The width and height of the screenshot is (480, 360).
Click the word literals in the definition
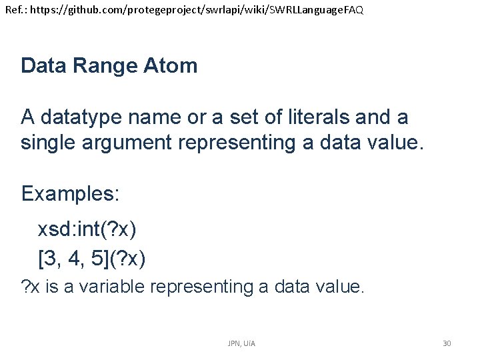pyautogui.click(x=316, y=117)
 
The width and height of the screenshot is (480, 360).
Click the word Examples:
pyautogui.click(x=70, y=193)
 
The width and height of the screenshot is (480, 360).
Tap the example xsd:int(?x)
pyautogui.click(x=87, y=230)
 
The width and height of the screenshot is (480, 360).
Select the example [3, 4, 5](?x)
pyautogui.click(x=92, y=258)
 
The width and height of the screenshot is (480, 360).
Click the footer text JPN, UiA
pyautogui.click(x=241, y=343)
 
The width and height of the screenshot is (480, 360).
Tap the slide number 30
pyautogui.click(x=447, y=343)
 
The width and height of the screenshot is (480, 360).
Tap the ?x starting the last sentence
pyautogui.click(x=29, y=287)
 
